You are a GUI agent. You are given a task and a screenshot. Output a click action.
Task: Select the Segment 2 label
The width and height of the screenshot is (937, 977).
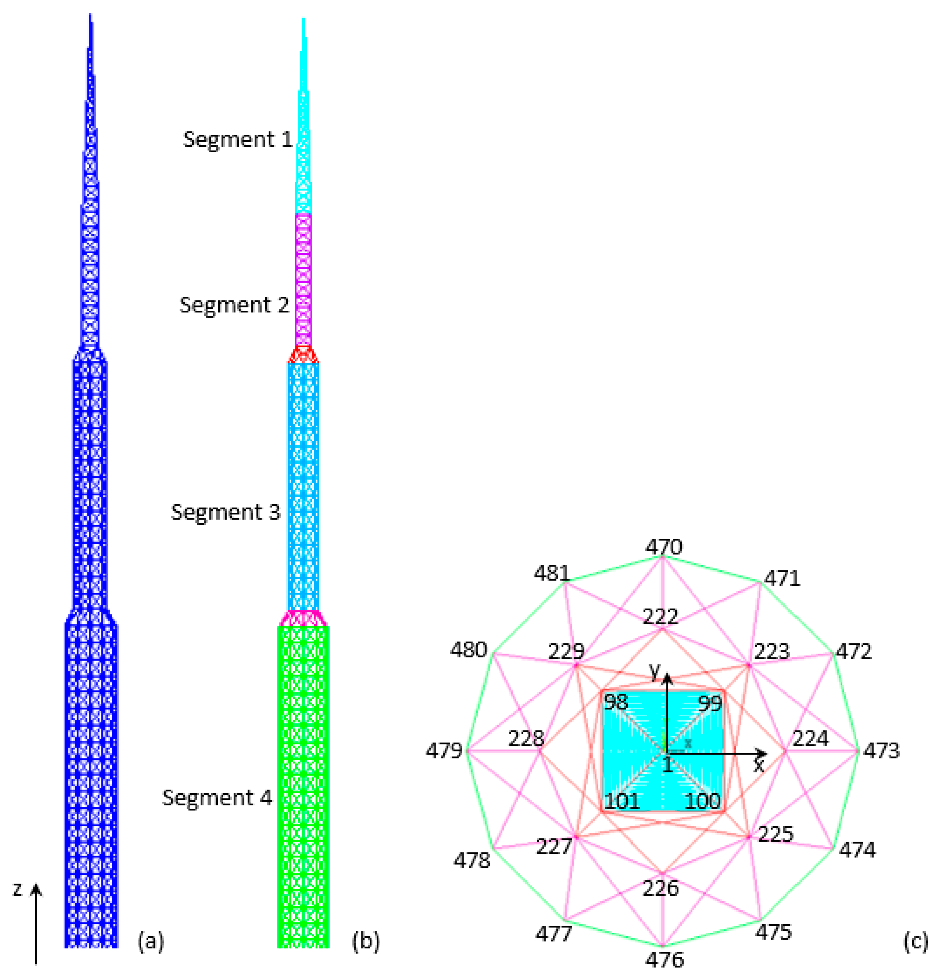pyautogui.click(x=234, y=305)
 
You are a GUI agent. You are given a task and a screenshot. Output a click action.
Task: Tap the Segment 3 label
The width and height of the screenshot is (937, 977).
pyautogui.click(x=226, y=512)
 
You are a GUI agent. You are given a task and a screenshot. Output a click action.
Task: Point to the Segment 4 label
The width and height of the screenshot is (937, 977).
pyautogui.click(x=217, y=798)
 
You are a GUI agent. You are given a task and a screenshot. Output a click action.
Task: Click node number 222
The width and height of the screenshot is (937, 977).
pyautogui.click(x=660, y=617)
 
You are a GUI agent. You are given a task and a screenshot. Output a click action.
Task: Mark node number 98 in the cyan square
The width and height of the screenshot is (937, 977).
pyautogui.click(x=616, y=702)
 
